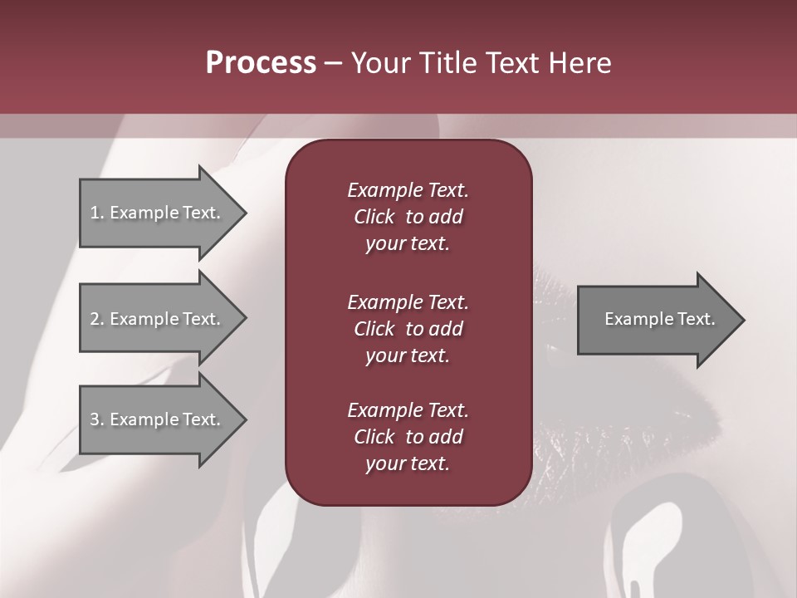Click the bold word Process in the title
[261, 63]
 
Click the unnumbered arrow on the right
[656, 319]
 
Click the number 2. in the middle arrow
[97, 319]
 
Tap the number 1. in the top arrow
[97, 213]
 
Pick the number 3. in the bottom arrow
[97, 419]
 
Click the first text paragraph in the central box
[408, 217]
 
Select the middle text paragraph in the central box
[408, 329]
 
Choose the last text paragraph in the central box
[408, 437]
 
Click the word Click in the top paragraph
[374, 217]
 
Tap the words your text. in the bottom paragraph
[408, 463]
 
